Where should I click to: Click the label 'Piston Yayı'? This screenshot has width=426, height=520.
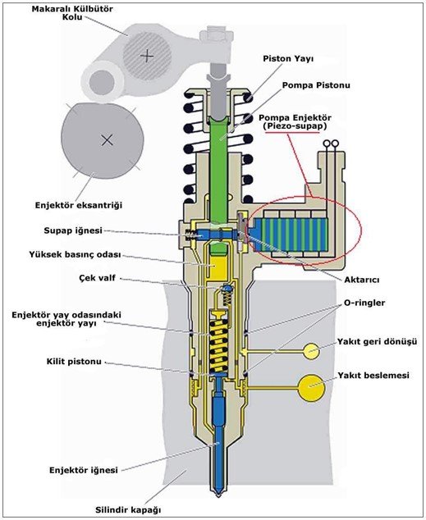[x=288, y=59]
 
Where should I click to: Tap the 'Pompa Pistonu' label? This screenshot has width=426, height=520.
[x=316, y=85]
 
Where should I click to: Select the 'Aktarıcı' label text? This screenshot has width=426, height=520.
[x=361, y=280]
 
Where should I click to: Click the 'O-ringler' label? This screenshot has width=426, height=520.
[x=364, y=303]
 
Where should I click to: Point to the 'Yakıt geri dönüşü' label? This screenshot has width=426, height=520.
[x=377, y=341]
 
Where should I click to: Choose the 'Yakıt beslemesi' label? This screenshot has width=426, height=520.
[x=373, y=375]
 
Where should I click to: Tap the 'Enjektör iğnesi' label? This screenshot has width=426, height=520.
[x=84, y=470]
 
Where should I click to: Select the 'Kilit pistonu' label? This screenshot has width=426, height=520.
[x=74, y=361]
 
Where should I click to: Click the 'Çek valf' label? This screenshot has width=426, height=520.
[x=98, y=277]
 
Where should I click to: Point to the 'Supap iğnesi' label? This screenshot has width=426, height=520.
[x=73, y=230]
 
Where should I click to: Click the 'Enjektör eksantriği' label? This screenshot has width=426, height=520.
[x=79, y=205]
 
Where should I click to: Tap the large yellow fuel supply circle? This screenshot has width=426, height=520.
[x=311, y=387]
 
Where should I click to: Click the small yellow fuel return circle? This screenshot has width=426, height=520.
[x=312, y=351]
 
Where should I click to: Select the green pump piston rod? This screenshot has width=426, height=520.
[x=219, y=169]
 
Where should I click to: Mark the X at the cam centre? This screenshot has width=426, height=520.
[x=107, y=140]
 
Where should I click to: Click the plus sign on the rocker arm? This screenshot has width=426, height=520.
[x=147, y=56]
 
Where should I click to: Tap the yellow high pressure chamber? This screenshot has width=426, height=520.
[x=218, y=267]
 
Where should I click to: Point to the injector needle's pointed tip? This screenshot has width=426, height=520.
[x=218, y=495]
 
